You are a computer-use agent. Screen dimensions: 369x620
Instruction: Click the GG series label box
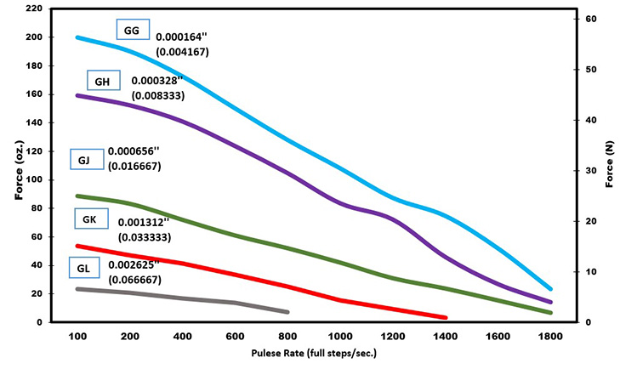click(x=133, y=30)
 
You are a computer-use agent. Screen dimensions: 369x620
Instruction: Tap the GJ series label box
click(x=86, y=159)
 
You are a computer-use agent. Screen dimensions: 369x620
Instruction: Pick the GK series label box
click(x=90, y=219)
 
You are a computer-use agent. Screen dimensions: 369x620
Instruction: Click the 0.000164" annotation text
click(x=184, y=37)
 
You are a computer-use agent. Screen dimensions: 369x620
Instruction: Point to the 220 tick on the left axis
click(x=34, y=9)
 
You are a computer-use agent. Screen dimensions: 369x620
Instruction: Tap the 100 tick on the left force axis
click(x=35, y=179)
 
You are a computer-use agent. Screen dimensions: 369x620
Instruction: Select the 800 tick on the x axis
click(x=289, y=337)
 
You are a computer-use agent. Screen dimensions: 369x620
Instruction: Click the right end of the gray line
click(x=288, y=312)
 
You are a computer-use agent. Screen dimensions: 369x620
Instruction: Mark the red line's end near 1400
click(x=446, y=318)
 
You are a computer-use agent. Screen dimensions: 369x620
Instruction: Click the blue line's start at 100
click(x=77, y=37)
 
